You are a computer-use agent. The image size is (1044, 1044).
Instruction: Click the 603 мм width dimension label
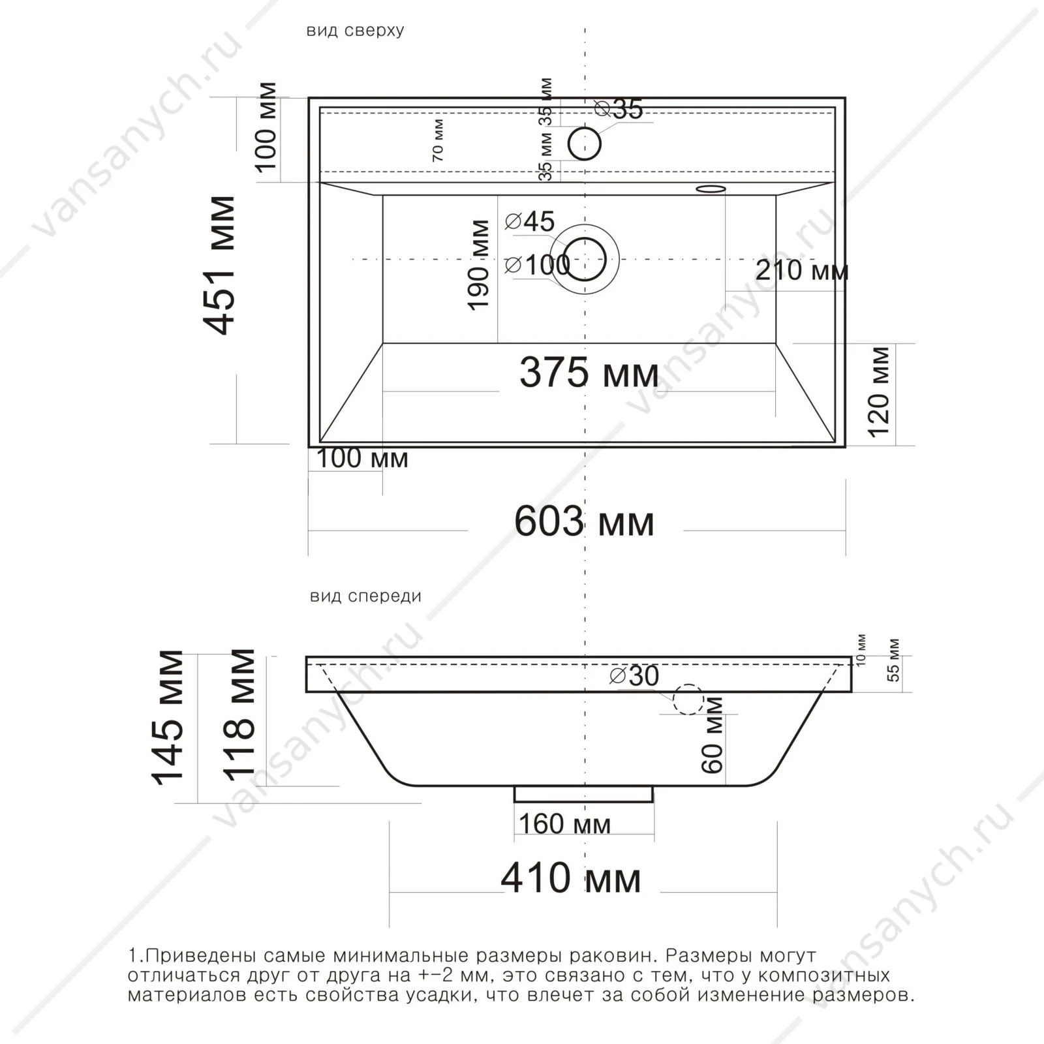point(584,522)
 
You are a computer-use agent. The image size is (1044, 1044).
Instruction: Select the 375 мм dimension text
point(589,374)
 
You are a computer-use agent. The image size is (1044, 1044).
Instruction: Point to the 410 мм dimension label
point(571,878)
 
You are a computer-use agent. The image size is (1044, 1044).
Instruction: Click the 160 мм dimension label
point(565,824)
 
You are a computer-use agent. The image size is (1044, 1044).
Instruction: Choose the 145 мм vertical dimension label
point(168,716)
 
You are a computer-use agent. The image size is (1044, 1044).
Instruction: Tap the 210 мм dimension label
point(802,269)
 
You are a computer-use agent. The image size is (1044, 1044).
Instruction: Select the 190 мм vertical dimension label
point(479,265)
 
